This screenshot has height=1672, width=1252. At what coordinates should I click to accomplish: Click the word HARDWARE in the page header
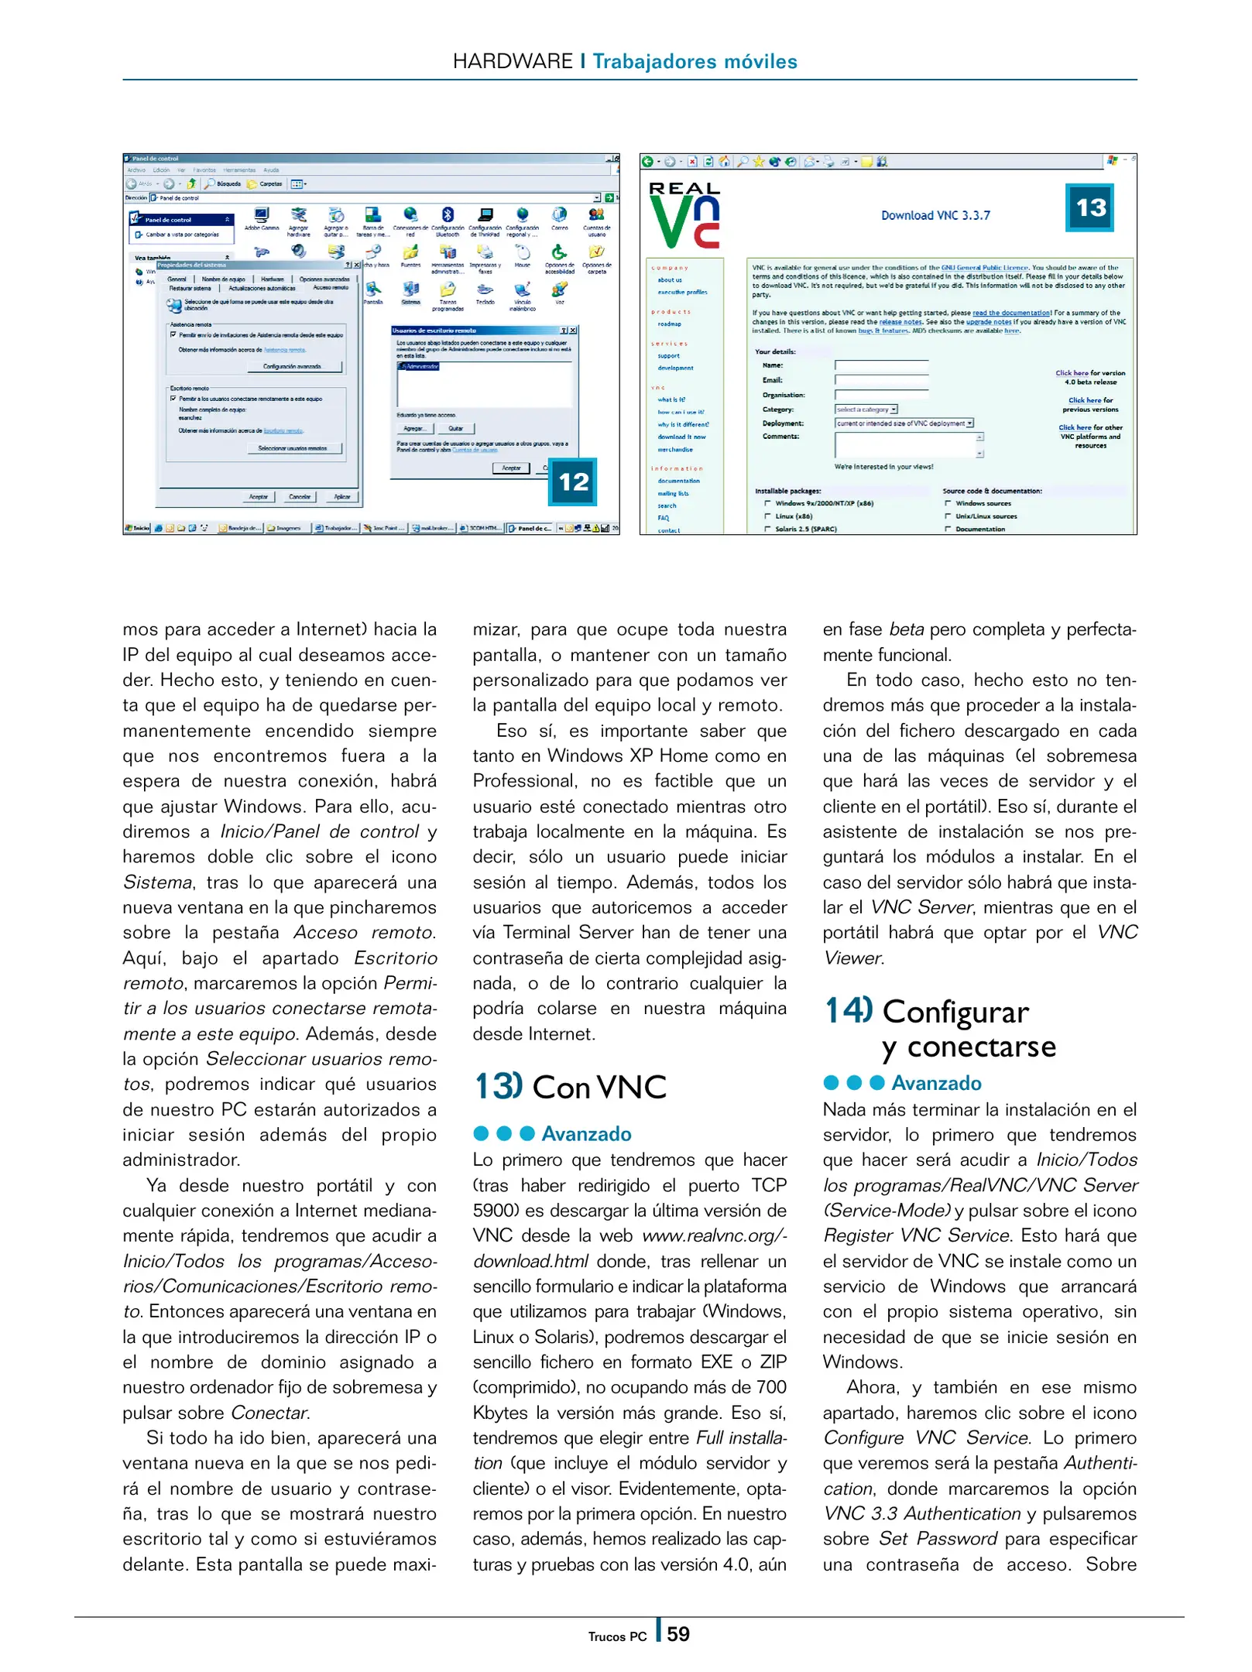(512, 61)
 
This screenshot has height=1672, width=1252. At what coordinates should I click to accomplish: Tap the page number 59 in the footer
(677, 1633)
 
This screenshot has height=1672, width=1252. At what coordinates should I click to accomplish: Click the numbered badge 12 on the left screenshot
(573, 481)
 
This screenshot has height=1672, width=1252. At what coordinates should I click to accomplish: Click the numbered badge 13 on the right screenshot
(1090, 207)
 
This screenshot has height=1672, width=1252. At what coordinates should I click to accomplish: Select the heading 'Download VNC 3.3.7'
(935, 215)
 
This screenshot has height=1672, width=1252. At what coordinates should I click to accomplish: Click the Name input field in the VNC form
(880, 365)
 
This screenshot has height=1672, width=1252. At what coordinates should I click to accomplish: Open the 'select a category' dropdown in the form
(866, 409)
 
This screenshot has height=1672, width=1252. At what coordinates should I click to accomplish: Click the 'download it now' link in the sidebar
(681, 437)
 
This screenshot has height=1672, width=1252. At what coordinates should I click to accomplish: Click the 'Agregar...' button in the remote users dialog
(414, 428)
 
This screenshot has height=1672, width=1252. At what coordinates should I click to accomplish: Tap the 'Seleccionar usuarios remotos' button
(292, 448)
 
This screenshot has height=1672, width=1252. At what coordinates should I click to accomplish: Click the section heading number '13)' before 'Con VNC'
(499, 1086)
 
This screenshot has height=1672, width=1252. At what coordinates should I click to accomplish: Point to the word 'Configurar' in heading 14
(955, 1012)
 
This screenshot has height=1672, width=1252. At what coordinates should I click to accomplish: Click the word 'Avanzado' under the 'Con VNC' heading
(586, 1134)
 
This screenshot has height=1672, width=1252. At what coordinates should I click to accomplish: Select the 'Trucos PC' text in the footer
(616, 1636)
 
